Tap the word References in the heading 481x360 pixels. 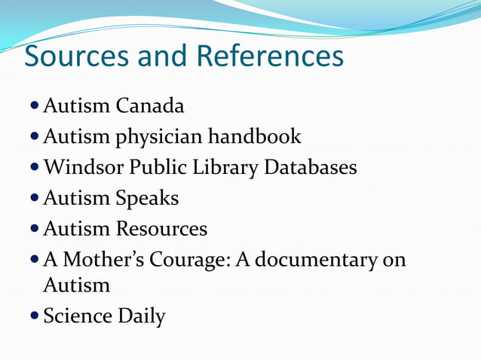(x=269, y=57)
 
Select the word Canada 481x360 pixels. (x=150, y=106)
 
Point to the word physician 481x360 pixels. (x=159, y=137)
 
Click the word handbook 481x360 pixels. (x=255, y=136)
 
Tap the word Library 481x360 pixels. (x=224, y=167)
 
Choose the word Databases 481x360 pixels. (x=311, y=167)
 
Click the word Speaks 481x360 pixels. (x=148, y=198)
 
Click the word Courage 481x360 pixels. (x=195, y=260)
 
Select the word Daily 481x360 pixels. (x=141, y=316)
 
